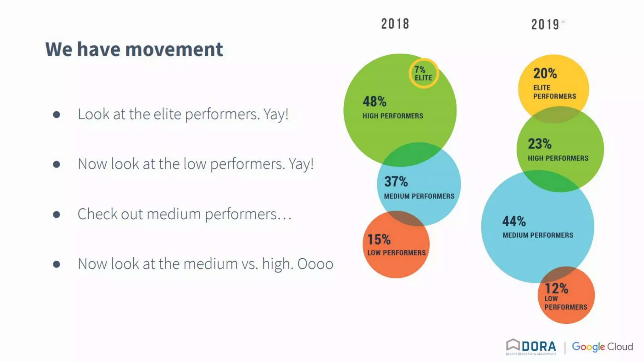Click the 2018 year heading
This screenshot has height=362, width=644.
(x=395, y=24)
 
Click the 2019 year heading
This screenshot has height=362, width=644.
(x=545, y=25)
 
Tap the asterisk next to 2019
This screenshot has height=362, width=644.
(x=563, y=21)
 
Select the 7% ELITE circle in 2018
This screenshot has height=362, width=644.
(x=423, y=74)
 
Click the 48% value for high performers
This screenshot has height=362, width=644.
(x=374, y=101)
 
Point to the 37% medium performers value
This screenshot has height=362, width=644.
(x=396, y=182)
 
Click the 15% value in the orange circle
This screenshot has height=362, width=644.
(x=379, y=239)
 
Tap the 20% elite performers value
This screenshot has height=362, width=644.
(x=545, y=74)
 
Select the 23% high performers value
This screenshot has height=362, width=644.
(x=539, y=144)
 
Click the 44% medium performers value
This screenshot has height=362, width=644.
(x=514, y=221)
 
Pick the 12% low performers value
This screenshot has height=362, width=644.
(x=556, y=288)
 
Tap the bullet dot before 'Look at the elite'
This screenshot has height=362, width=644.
(x=57, y=114)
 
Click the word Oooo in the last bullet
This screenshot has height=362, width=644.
(x=315, y=264)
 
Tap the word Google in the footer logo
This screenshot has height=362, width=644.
(x=588, y=347)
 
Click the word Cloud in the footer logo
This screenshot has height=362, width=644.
(x=620, y=347)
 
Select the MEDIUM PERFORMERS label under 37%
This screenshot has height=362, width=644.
(x=419, y=196)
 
